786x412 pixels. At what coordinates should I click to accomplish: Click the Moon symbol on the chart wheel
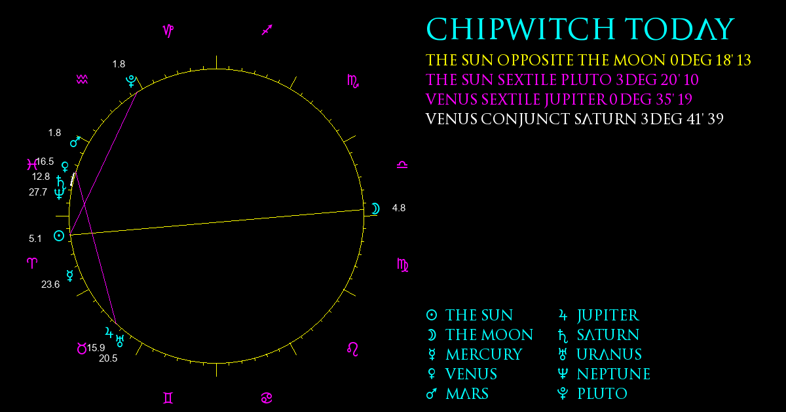click(375, 209)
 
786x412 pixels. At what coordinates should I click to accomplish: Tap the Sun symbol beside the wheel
click(59, 236)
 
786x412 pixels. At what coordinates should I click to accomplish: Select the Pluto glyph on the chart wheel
click(131, 81)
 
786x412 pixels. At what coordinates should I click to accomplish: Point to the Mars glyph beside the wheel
click(75, 141)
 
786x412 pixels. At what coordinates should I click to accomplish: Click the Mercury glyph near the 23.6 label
click(70, 276)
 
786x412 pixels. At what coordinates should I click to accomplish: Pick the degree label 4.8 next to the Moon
click(399, 208)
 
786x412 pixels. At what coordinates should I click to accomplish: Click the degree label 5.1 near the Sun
click(35, 239)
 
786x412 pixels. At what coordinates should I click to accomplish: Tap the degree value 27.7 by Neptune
click(38, 192)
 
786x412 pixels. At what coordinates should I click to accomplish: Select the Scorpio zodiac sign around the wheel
click(353, 81)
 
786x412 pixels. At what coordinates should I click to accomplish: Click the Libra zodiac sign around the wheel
click(402, 165)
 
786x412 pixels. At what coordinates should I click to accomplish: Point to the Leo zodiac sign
click(352, 349)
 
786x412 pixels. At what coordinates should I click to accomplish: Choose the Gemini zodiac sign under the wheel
click(168, 398)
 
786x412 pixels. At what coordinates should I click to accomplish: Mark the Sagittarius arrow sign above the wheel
click(267, 30)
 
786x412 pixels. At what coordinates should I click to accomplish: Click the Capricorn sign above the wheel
click(168, 31)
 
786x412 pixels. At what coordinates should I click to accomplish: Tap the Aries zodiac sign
click(32, 263)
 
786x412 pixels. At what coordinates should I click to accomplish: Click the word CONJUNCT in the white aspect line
click(525, 120)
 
